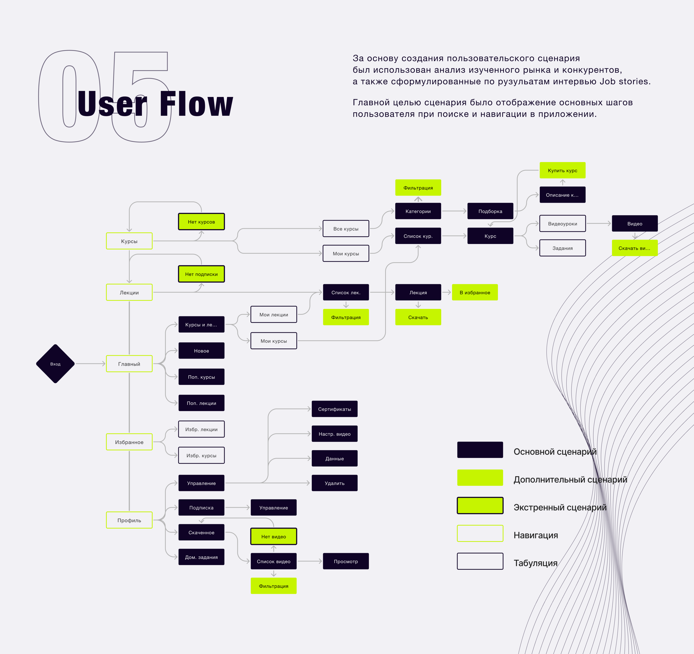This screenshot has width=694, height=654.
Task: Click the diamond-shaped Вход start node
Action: point(55,364)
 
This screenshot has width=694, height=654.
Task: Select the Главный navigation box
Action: point(129,364)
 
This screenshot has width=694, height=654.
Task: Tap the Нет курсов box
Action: point(201,221)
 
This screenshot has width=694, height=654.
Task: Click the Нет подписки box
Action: point(201,274)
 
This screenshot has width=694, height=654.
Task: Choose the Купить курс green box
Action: point(562,170)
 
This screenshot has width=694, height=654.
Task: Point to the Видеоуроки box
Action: point(562,224)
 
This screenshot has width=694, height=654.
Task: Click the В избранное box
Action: point(475,292)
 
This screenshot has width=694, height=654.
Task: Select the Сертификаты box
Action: point(334,409)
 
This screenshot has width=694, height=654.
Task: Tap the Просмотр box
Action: point(346,561)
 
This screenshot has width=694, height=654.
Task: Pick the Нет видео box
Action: point(274,536)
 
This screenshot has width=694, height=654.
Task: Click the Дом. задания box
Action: point(201,557)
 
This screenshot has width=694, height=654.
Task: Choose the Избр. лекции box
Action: point(201,429)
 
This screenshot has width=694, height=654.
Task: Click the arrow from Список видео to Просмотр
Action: point(310,561)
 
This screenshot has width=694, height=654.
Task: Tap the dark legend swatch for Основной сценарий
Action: point(480,450)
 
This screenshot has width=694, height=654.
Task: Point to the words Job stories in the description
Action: point(625,81)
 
